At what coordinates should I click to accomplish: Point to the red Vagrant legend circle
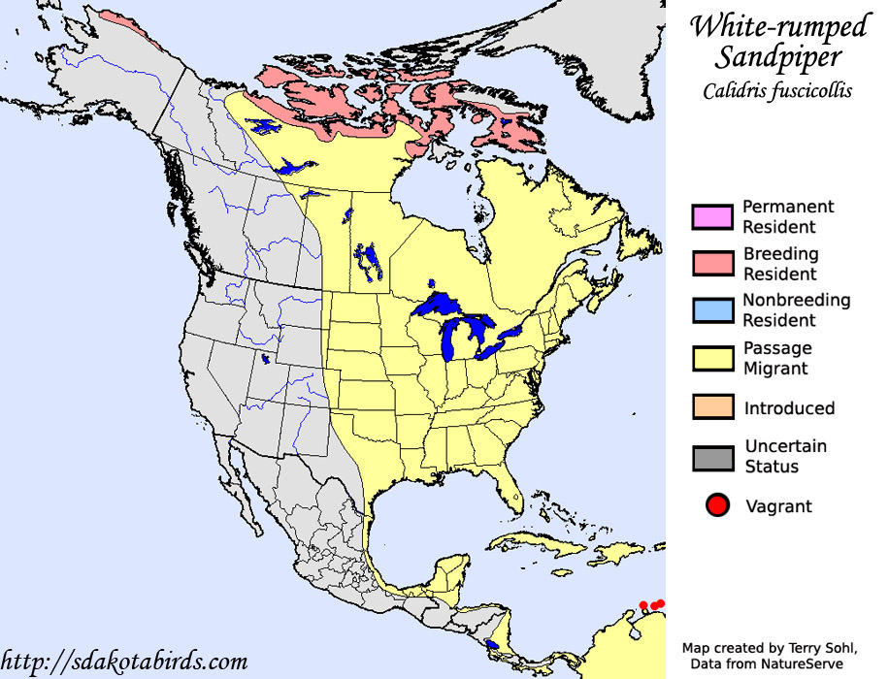[718, 505]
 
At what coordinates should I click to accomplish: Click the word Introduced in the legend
[789, 408]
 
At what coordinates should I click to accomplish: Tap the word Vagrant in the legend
[778, 506]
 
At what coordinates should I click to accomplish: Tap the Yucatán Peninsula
[448, 572]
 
